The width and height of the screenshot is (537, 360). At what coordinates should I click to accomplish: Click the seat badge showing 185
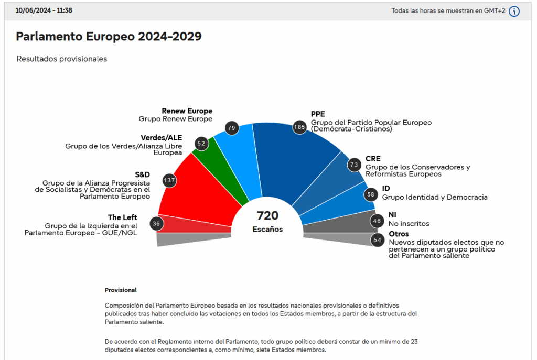[299, 127]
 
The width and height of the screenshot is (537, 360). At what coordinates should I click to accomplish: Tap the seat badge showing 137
[169, 180]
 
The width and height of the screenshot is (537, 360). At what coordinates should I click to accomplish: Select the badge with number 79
[232, 127]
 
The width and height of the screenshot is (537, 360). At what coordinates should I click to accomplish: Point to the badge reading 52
[201, 143]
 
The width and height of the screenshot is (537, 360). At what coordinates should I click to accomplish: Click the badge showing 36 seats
[156, 224]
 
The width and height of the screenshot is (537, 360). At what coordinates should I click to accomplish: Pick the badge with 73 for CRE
[354, 165]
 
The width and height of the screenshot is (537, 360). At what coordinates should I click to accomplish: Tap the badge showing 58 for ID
[371, 194]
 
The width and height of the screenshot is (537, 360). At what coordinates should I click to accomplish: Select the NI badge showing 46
[377, 221]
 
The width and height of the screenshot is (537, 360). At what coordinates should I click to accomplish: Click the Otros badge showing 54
[377, 240]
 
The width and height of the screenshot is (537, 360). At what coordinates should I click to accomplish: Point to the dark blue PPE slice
[294, 157]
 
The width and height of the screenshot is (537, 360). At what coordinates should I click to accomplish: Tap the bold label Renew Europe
[187, 111]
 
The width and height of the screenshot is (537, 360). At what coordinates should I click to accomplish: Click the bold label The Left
[122, 217]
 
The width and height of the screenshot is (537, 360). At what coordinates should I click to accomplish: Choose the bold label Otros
[399, 234]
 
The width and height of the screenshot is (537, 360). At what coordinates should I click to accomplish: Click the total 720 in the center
[267, 215]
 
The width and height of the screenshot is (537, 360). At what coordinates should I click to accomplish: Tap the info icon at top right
[514, 11]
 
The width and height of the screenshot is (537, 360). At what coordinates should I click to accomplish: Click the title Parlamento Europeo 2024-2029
[109, 36]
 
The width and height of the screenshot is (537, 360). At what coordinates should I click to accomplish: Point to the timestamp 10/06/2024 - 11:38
[44, 10]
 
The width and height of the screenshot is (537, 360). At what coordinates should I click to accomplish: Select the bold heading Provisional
[121, 290]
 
